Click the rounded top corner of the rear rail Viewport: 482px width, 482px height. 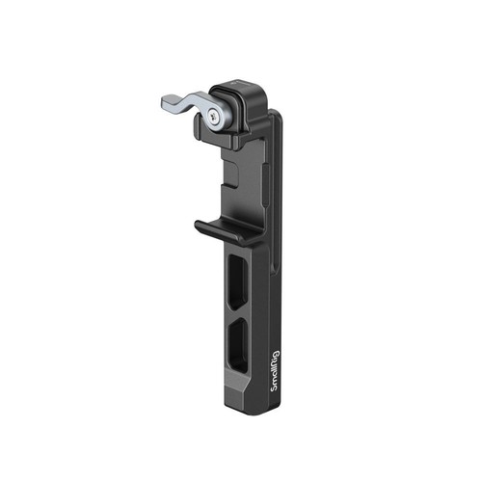tap(275, 115)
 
